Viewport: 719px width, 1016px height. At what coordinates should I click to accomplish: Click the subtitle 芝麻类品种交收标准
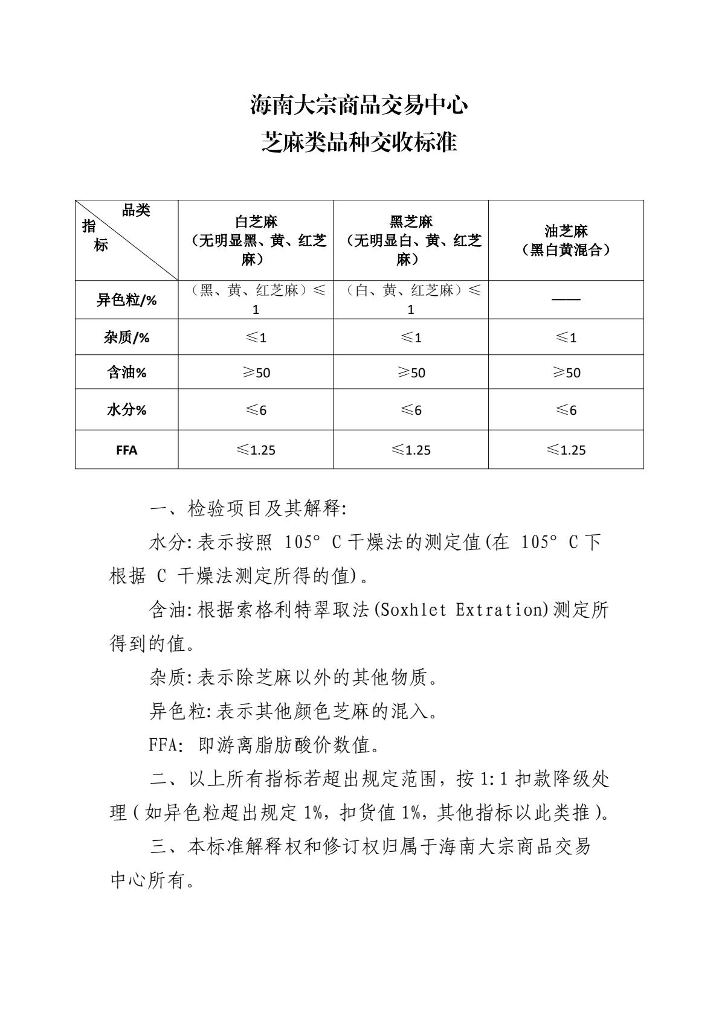(359, 142)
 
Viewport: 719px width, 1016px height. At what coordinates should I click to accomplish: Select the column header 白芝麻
(256, 222)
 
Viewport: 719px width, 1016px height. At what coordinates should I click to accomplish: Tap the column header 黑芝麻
(411, 222)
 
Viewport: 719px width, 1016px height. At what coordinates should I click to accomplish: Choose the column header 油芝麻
(566, 231)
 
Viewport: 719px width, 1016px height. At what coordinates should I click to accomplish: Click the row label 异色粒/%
(126, 300)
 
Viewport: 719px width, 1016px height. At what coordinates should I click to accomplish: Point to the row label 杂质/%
(126, 337)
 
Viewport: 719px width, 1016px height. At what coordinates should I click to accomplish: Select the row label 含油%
(126, 372)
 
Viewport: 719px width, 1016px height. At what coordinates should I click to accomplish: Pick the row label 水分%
(126, 410)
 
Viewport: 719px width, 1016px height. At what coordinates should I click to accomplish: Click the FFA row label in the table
(126, 450)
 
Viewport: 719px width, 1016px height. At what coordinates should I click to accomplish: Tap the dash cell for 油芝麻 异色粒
(566, 300)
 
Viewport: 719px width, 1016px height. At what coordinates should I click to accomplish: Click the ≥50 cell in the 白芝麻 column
(256, 372)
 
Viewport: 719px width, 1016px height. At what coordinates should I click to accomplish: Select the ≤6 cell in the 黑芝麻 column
(411, 410)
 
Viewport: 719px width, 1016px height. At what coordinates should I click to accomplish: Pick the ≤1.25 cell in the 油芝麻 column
(566, 450)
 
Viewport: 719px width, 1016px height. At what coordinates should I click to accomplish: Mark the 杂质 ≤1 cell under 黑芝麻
(411, 337)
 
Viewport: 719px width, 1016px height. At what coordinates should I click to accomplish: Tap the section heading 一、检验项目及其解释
(248, 509)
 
